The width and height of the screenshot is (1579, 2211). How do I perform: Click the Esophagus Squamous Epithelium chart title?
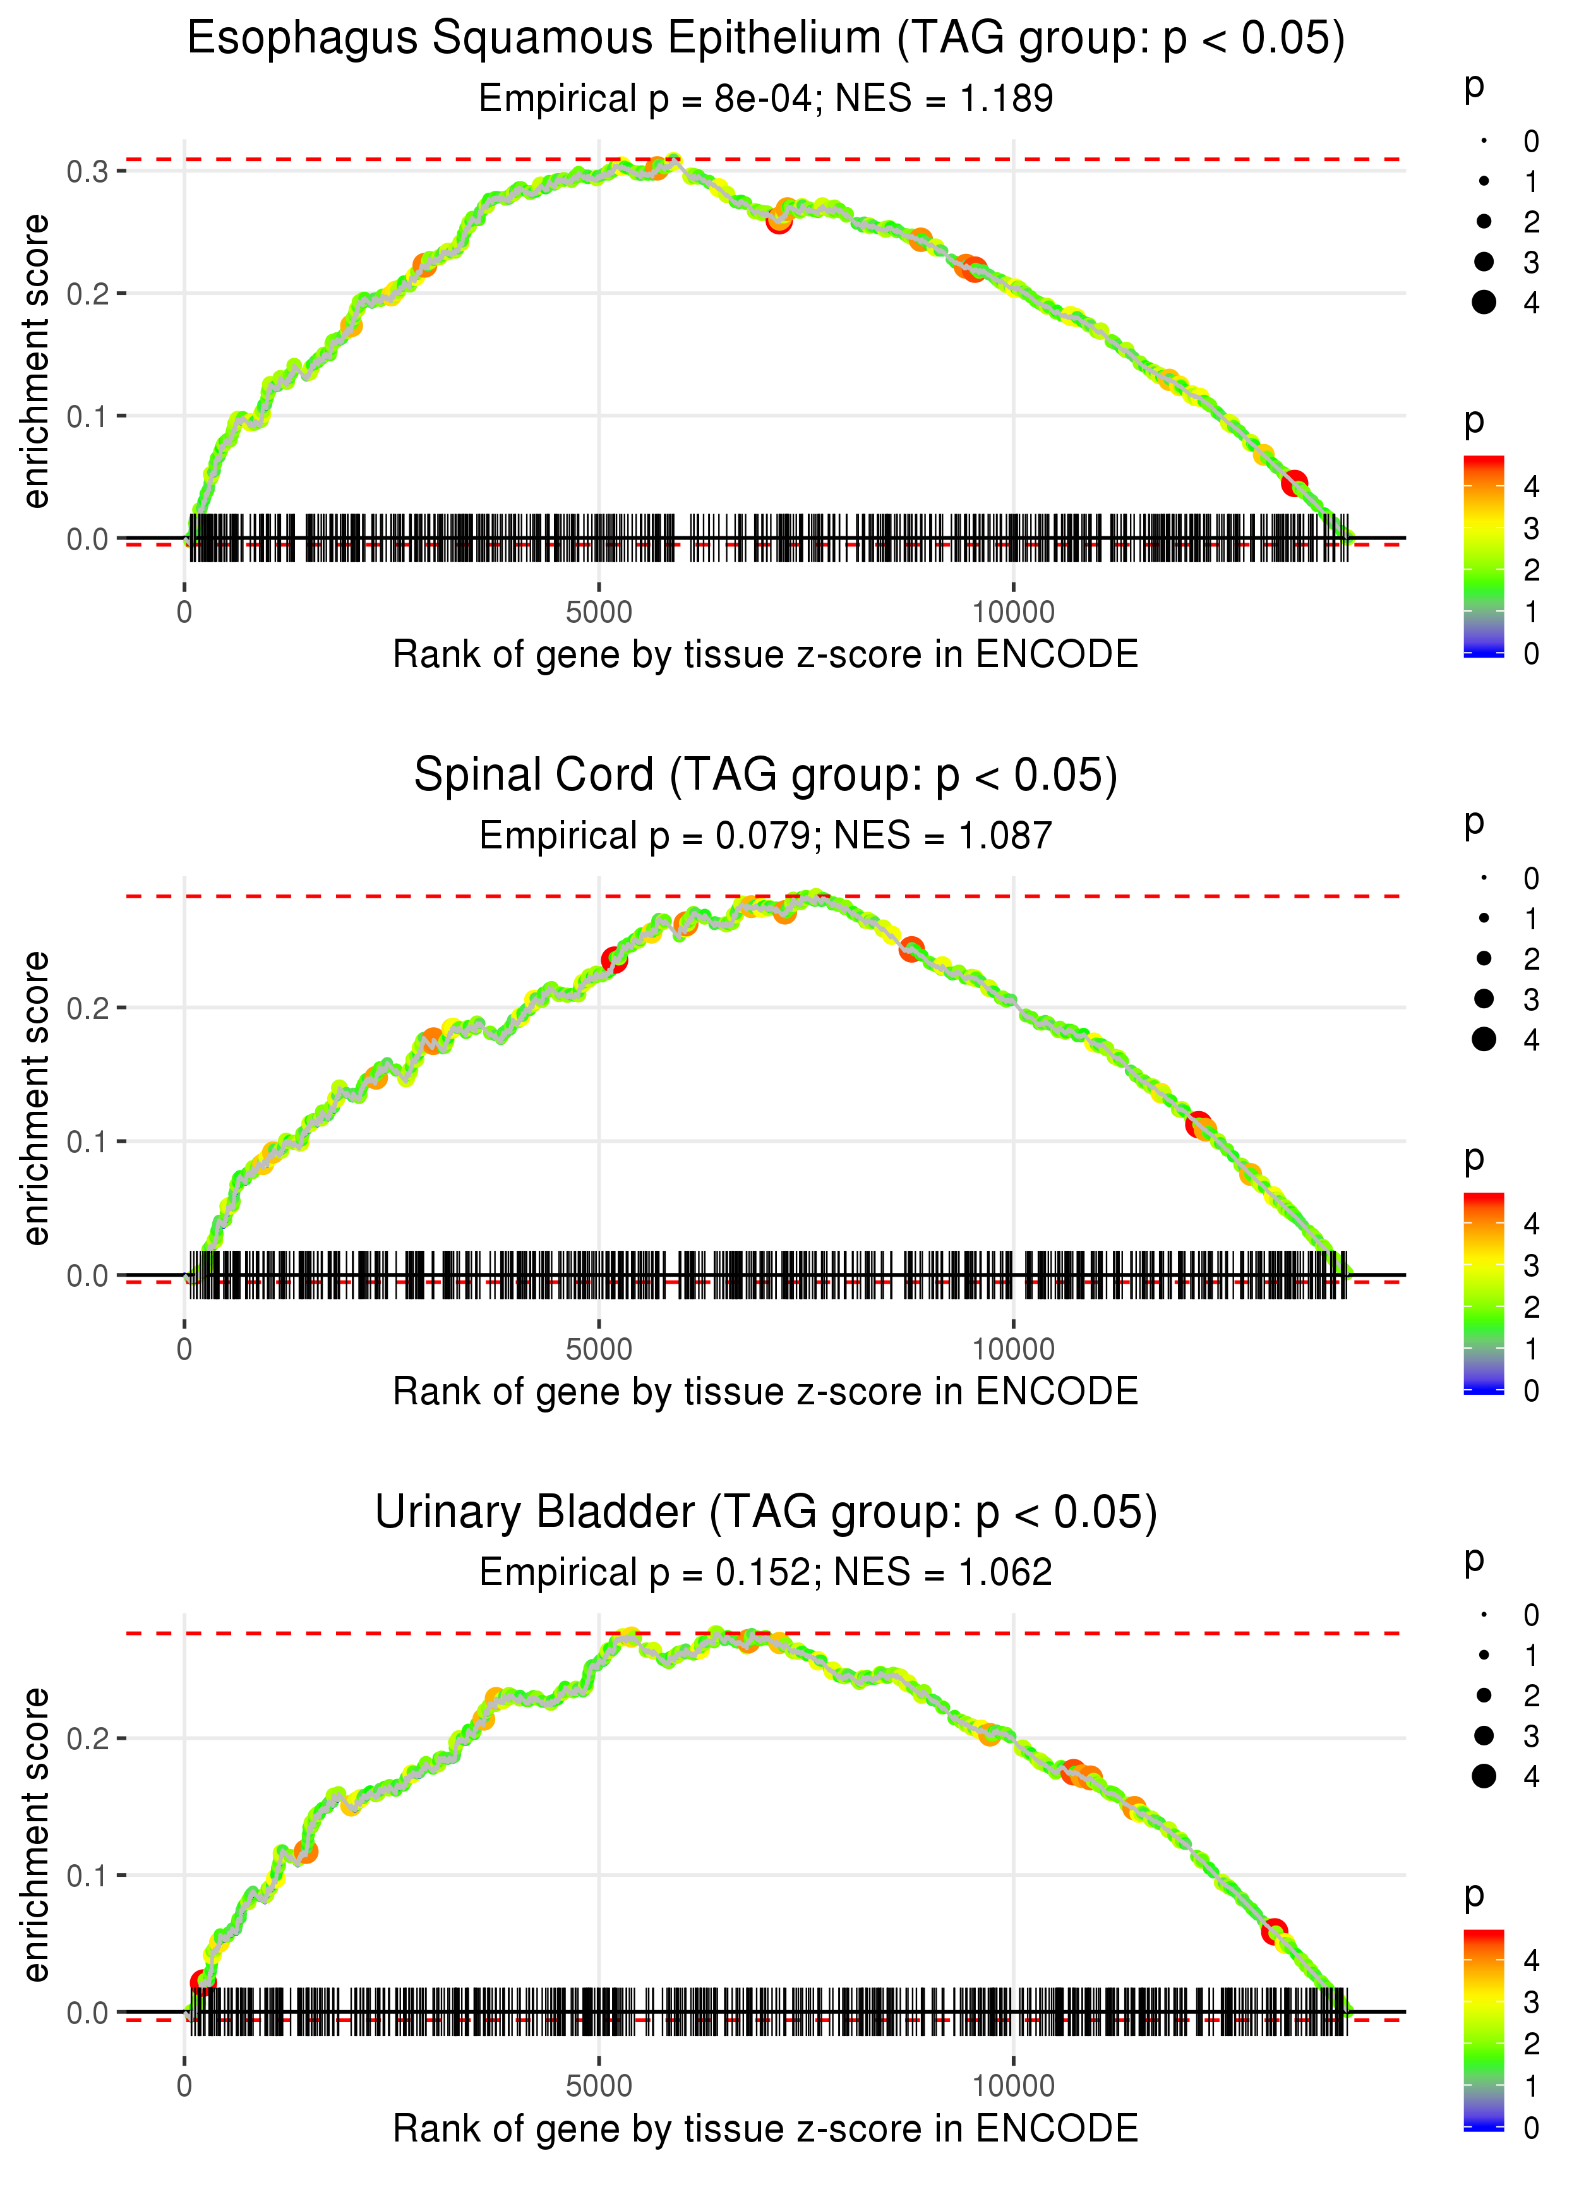(x=765, y=39)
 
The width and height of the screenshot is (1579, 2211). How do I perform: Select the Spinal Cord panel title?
(x=765, y=776)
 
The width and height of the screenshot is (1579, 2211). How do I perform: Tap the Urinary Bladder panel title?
(x=765, y=1513)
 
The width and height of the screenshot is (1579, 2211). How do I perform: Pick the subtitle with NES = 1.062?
(x=765, y=1572)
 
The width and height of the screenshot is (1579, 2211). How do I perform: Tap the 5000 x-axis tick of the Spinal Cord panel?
(x=598, y=1349)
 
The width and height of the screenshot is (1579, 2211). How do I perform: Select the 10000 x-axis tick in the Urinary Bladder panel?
(x=1012, y=2085)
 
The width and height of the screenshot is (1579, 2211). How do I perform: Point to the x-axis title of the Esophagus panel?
(x=765, y=654)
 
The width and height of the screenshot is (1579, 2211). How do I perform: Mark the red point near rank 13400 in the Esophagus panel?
(x=1293, y=482)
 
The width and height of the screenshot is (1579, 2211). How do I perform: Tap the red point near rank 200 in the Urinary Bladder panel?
(x=202, y=1982)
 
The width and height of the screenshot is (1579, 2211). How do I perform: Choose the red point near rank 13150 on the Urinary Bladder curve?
(x=1274, y=1931)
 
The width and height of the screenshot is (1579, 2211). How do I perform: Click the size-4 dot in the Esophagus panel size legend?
(x=1484, y=303)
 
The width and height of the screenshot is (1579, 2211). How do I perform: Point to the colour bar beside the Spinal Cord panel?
(x=1484, y=1292)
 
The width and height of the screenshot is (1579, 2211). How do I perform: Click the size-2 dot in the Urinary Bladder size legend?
(x=1484, y=1696)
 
